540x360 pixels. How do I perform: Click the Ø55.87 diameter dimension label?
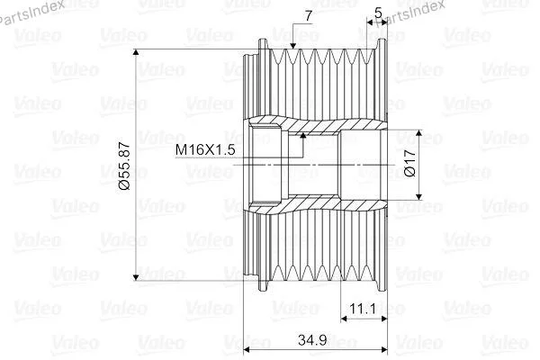coord(125,166)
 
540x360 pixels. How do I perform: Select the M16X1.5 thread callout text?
coord(205,150)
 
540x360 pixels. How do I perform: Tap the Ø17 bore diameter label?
coord(409,163)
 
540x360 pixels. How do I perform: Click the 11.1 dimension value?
coord(363,309)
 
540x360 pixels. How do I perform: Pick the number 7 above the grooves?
coord(308,16)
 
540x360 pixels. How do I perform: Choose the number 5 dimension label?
coord(378,13)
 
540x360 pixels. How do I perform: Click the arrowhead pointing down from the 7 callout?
coord(293,45)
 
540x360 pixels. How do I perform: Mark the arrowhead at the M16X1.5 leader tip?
coord(303,135)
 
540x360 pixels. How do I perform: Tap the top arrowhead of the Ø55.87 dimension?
coord(136,52)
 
